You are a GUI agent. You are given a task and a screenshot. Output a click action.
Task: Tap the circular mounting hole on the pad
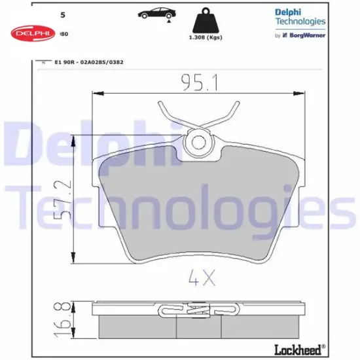point(198,141)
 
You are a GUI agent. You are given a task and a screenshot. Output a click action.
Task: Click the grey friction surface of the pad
point(196,209)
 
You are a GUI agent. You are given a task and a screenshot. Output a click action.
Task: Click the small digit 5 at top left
point(62,13)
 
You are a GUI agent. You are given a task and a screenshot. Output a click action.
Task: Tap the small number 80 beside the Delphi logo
point(63,33)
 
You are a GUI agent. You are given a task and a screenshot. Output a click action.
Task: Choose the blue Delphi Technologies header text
point(300,16)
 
